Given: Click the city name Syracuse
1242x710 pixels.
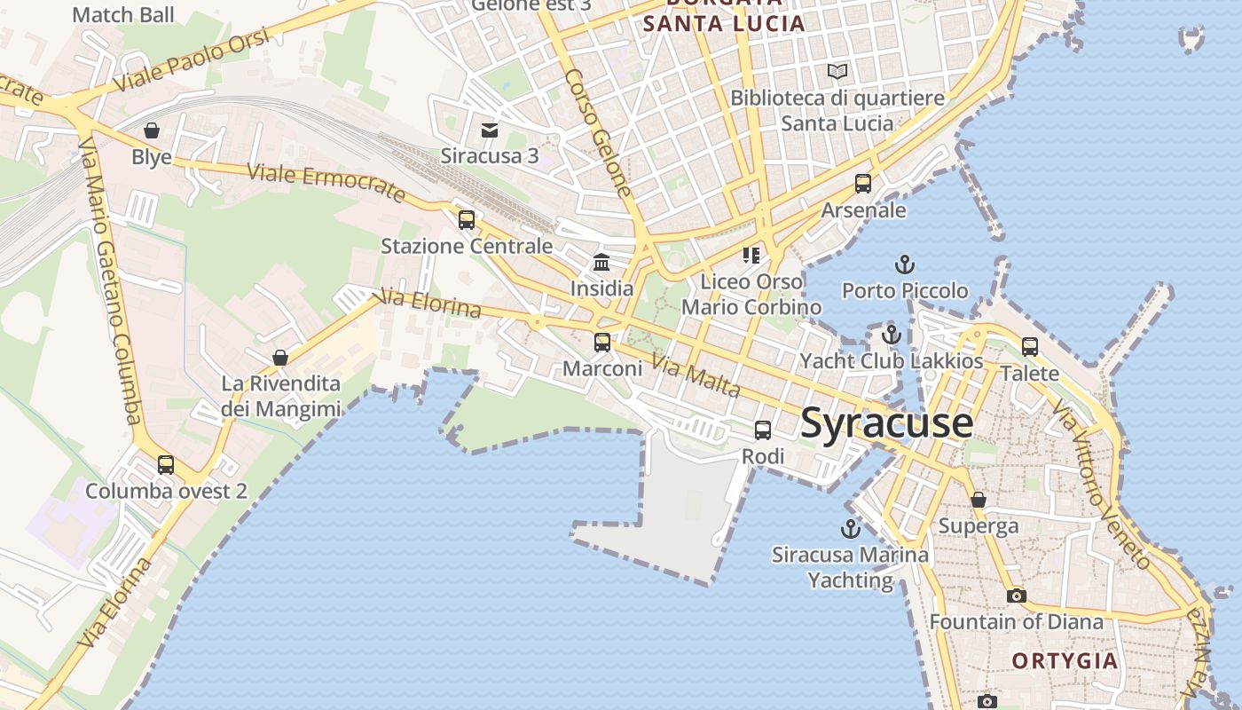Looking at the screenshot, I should coord(886,423).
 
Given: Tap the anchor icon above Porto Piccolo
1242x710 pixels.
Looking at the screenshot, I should coord(904,264).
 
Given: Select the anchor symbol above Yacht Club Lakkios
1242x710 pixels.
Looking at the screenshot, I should coord(892,335).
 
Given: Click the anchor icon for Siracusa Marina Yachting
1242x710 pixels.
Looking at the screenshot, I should coord(851,529).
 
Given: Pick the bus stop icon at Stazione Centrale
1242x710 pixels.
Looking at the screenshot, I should coord(467,220).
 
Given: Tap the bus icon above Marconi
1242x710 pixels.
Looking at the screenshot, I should coord(602,342).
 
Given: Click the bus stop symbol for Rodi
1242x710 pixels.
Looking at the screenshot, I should coord(762,430).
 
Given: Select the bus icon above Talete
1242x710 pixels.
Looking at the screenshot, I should coord(1029,346).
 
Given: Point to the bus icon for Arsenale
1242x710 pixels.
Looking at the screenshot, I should coord(863,184).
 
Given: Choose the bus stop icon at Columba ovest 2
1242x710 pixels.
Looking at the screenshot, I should coord(166,464).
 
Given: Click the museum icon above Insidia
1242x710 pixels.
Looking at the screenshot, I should coord(601,262).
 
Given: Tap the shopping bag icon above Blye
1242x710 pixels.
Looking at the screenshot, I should coord(152,131).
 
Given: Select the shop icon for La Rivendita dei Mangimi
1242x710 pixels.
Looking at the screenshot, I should coord(280,358).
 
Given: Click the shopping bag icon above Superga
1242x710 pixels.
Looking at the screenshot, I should coord(979,500).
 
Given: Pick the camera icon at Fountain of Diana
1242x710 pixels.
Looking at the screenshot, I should coord(1017,596).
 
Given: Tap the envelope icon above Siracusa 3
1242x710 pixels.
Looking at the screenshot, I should coord(489,130).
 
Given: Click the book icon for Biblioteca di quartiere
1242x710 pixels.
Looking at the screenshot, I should coord(837,71).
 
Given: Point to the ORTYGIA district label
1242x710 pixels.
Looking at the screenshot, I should coord(1065,661).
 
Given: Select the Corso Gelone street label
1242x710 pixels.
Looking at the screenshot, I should coord(598,133).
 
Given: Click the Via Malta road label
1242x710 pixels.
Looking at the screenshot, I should coord(696,375).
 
